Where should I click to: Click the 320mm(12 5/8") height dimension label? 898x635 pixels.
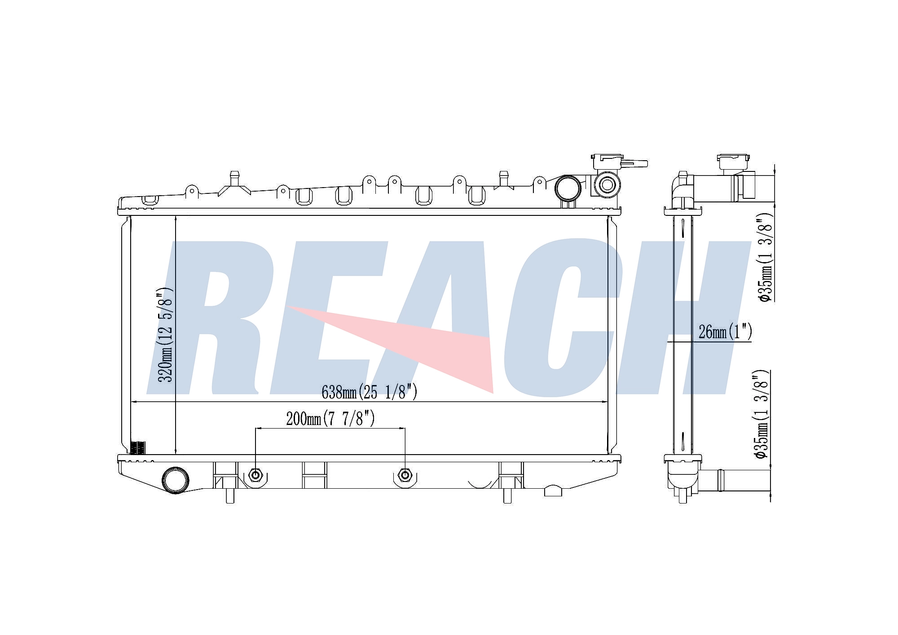point(165,335)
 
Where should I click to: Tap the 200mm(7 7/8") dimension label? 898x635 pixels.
point(330,419)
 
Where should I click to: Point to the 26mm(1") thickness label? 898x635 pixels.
point(725,332)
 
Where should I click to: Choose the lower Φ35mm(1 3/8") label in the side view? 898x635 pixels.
point(762,414)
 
